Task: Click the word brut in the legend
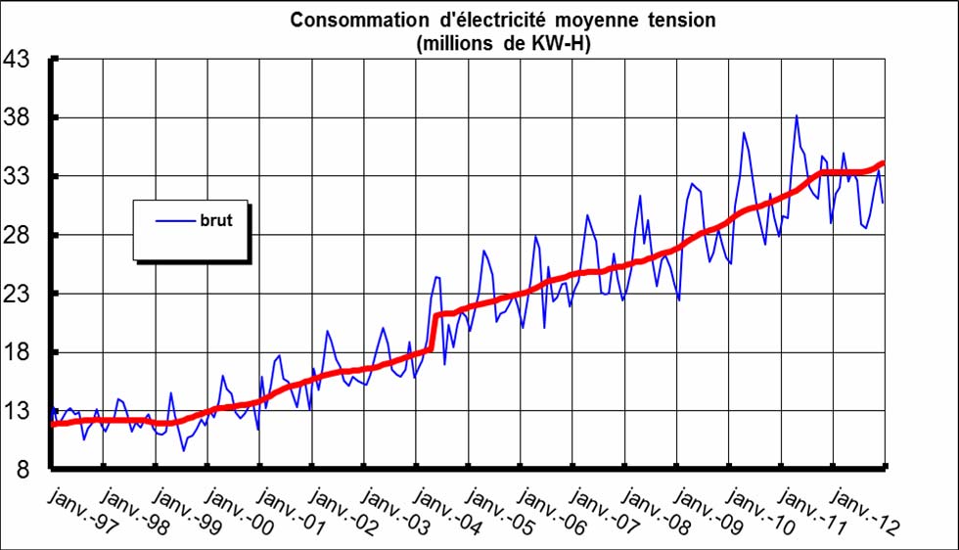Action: (216, 221)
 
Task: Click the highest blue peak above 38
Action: (797, 116)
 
